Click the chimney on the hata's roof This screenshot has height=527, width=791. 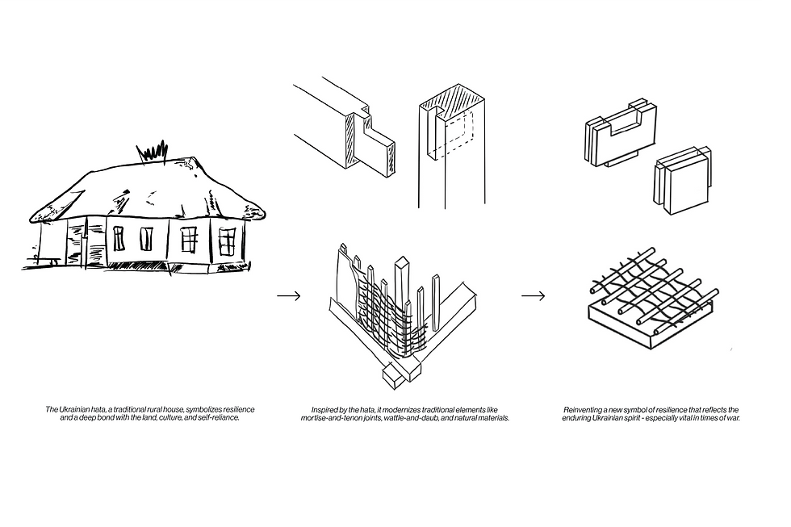(154, 150)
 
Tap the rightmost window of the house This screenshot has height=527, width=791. (227, 240)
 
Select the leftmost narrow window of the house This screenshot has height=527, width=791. (119, 238)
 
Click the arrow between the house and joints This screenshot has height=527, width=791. (288, 296)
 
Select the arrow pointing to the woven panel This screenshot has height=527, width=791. (533, 296)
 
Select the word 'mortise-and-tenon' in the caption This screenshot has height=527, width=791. (327, 419)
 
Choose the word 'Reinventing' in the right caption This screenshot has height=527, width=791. (583, 410)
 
